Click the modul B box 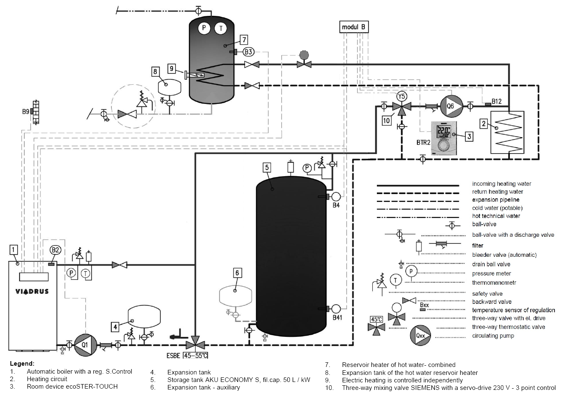[x=354, y=27]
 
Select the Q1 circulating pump [x=85, y=345]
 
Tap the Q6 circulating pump [x=451, y=106]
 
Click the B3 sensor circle [x=248, y=52]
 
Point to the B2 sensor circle [x=55, y=250]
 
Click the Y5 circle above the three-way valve [x=401, y=96]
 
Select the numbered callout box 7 [x=244, y=40]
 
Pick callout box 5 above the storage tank [x=267, y=167]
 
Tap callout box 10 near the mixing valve [x=386, y=121]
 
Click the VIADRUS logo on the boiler [x=32, y=291]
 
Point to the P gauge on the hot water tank [x=204, y=28]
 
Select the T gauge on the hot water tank [x=221, y=28]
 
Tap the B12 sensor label [x=497, y=101]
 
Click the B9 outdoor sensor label [x=26, y=112]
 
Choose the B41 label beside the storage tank [x=337, y=318]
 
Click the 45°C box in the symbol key [x=376, y=319]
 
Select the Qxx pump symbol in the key [x=420, y=335]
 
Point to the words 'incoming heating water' [x=502, y=184]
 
